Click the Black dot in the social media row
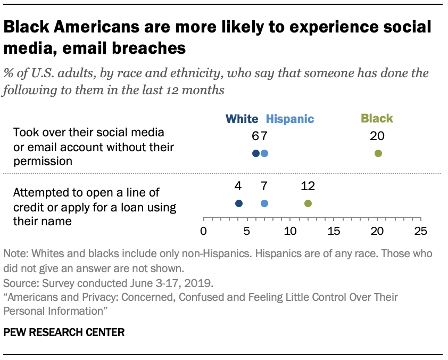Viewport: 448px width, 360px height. (378, 153)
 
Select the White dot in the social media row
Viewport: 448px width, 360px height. (256, 153)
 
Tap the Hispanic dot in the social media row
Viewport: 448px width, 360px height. (264, 153)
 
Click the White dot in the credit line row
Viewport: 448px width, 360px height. (238, 203)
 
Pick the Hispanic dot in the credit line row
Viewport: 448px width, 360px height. (264, 203)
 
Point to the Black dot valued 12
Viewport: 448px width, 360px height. (308, 203)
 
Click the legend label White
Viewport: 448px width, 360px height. (242, 119)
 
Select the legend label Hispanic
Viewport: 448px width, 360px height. (289, 119)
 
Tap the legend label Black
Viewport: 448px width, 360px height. (377, 119)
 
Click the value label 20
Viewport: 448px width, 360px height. (377, 136)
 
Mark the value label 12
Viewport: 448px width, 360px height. (308, 186)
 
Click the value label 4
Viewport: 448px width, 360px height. (238, 186)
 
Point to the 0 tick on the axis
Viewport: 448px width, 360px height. (203, 231)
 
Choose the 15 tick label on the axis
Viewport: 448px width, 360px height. (334, 231)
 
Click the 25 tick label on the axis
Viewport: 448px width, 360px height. (420, 231)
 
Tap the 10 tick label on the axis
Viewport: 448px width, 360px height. (290, 231)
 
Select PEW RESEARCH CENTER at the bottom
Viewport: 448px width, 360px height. (64, 333)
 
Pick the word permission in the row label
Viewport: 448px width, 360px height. (43, 161)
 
